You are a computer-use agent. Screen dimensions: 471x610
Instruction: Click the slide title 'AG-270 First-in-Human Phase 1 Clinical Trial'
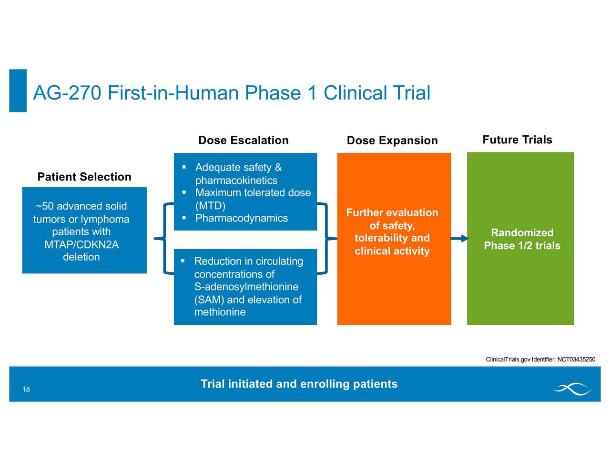232,92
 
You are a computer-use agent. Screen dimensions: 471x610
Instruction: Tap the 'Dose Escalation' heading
243,140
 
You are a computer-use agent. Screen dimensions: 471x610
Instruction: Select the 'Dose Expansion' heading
392,140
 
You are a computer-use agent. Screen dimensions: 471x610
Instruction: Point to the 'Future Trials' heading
517,140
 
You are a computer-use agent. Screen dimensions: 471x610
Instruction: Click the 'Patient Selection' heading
84,177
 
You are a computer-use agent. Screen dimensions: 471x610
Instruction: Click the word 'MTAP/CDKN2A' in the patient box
81,245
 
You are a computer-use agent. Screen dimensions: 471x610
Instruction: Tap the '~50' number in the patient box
45,206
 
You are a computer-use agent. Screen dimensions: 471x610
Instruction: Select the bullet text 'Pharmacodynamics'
242,218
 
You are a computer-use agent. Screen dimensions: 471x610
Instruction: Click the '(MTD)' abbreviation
210,206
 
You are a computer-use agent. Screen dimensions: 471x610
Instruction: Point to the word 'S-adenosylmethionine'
246,287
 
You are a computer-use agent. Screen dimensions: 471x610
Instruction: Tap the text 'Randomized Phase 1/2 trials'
522,239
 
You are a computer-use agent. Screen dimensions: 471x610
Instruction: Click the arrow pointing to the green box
459,238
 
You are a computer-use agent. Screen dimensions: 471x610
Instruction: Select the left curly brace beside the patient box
164,238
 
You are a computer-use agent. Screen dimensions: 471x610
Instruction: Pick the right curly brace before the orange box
327,238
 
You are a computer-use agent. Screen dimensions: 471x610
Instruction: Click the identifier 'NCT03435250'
576,359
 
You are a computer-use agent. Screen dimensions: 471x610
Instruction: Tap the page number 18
26,390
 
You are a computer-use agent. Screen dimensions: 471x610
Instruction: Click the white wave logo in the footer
572,389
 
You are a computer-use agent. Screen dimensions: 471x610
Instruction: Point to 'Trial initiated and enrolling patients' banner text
299,384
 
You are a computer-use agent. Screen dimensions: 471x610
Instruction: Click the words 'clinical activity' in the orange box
392,251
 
